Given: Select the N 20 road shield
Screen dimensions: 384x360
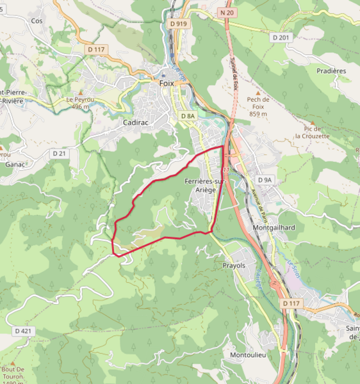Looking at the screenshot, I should [x=227, y=13].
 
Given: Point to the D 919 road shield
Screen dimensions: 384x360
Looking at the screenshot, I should [x=179, y=24].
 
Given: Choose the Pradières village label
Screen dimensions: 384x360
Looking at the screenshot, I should [x=331, y=71].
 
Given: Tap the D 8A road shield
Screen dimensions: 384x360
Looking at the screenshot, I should [x=187, y=116].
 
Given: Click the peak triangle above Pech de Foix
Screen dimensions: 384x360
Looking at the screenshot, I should [x=257, y=92].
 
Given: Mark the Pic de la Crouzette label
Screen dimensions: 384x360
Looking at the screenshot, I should [x=312, y=132].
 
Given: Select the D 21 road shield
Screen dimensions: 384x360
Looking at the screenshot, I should [x=60, y=154].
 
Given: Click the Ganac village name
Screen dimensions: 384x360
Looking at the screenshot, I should [x=14, y=164].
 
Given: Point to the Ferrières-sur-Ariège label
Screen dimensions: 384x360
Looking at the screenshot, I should [x=206, y=185].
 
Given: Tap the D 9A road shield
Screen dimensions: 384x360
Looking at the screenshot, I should [x=265, y=180].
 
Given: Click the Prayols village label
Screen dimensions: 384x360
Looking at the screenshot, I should [x=234, y=264].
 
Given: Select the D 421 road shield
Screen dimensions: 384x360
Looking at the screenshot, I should [x=22, y=331].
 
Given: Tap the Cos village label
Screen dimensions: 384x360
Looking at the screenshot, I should [x=37, y=20].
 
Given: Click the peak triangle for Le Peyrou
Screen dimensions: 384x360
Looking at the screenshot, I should [x=80, y=93].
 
